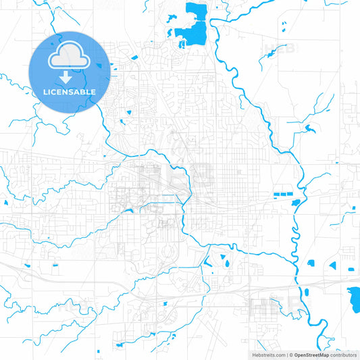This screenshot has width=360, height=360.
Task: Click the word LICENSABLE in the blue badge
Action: coord(70,91)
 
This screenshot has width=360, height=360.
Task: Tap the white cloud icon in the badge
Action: coord(70,56)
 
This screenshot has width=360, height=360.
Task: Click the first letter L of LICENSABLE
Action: coord(46,91)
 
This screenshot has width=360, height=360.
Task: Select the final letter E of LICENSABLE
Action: coord(93,91)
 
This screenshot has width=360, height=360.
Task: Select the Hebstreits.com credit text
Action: coord(266,354)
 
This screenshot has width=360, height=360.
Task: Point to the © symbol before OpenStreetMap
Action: coord(291,354)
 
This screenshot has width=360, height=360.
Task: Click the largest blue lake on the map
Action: coord(192,30)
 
